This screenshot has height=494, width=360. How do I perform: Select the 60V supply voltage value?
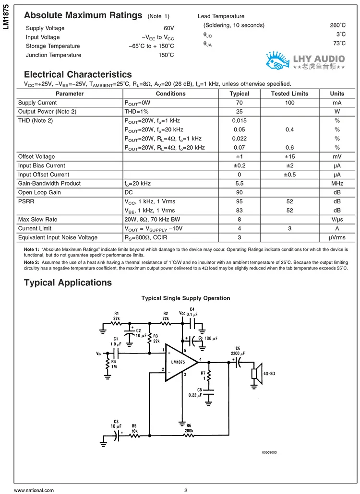(x=168, y=28)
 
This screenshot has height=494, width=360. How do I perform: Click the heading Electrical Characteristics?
(x=78, y=74)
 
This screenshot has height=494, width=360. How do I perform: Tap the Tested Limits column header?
(x=289, y=94)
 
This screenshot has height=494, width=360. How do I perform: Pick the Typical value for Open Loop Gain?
(x=239, y=192)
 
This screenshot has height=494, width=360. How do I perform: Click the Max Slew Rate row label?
(x=37, y=219)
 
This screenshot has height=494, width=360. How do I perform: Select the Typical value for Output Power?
(x=239, y=112)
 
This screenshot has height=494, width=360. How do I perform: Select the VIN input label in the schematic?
(x=99, y=353)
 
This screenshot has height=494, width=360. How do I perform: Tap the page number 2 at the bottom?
(x=185, y=490)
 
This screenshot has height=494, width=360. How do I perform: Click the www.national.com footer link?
(x=34, y=490)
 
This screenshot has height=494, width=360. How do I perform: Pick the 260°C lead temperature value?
(x=337, y=25)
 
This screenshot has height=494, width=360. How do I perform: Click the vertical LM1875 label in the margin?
(x=6, y=20)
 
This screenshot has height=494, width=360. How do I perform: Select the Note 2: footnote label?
(x=32, y=263)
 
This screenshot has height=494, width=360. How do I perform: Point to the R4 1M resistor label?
(x=114, y=365)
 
